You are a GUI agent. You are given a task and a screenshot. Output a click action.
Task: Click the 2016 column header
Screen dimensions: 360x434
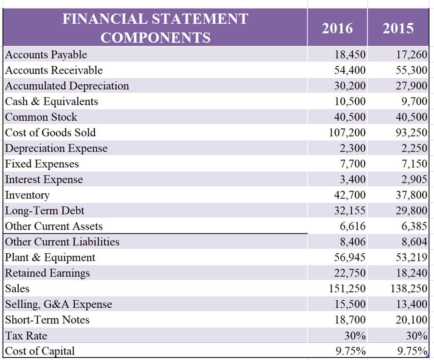pos(337,28)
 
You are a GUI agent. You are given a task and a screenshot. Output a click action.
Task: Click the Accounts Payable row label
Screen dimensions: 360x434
pos(46,55)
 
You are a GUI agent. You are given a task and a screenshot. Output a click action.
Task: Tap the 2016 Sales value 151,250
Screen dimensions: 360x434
pos(347,289)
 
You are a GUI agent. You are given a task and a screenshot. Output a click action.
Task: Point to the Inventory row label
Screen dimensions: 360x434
pos(27,195)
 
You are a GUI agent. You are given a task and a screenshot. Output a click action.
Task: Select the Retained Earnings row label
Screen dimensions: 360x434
pos(47,273)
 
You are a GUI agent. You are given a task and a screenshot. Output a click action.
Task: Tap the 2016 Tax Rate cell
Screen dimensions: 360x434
pos(355,336)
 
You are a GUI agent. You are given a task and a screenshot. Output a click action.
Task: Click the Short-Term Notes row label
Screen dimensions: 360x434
pos(47,320)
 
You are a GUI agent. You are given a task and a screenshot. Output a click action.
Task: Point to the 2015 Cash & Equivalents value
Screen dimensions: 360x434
pos(414,102)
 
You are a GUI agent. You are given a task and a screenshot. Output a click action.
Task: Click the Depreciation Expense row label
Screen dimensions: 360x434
pos(56,148)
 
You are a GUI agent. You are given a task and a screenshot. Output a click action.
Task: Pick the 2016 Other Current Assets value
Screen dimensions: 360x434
pos(353,226)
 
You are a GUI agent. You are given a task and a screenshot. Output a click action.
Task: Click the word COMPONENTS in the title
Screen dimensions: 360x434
pos(155,38)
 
